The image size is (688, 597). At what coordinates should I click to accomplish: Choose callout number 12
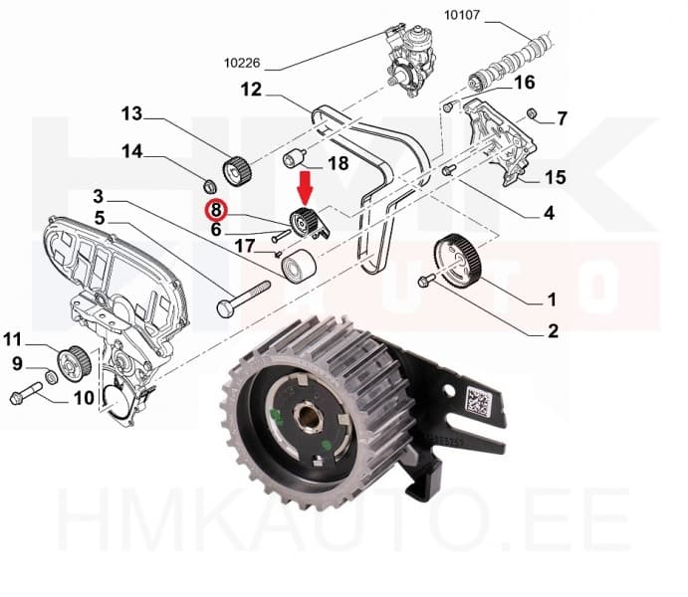coord(250,90)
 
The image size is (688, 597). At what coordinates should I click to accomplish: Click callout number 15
coord(555,178)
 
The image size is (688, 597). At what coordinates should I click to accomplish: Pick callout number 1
coord(551,298)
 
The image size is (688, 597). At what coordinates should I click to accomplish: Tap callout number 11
coord(12,337)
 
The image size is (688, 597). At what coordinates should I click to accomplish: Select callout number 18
coord(338,163)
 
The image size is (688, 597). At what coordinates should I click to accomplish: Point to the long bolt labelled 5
coord(243,297)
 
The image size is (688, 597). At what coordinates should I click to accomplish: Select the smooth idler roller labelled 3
coord(297,267)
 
